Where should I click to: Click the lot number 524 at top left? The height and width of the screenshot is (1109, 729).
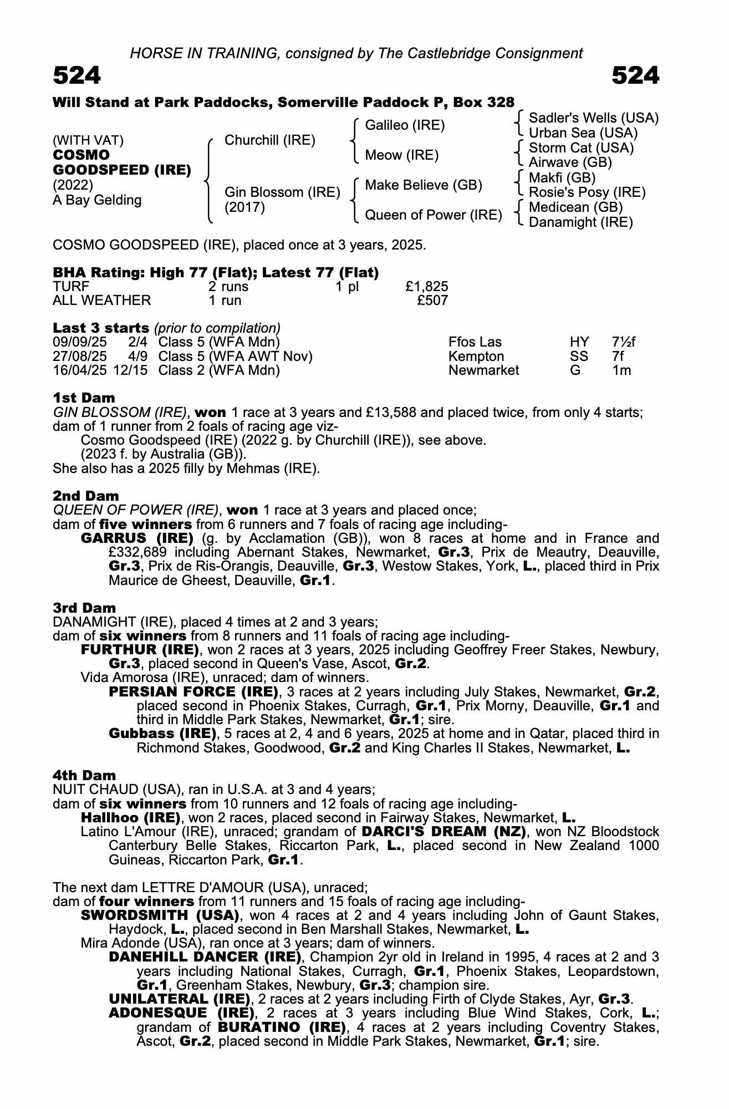pos(77,76)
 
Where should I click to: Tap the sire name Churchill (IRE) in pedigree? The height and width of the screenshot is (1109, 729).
pos(269,140)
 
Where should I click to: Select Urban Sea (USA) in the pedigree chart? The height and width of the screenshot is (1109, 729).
pos(583,133)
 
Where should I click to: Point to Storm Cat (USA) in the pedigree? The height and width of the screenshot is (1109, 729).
pos(581,148)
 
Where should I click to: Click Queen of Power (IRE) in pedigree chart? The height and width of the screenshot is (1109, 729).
pos(433,215)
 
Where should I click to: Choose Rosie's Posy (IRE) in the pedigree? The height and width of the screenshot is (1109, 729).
pos(587,192)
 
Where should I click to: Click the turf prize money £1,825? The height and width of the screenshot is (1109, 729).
pos(426,287)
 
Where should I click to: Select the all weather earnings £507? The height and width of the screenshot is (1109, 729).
pos(432,301)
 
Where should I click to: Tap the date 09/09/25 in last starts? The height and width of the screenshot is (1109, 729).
pos(76,342)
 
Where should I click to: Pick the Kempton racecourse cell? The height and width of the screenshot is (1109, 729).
pos(476,357)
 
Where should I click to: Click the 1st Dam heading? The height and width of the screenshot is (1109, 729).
pos(84,398)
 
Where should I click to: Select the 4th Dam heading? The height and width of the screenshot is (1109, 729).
pos(84,775)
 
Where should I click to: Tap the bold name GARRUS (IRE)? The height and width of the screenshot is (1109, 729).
pos(137,538)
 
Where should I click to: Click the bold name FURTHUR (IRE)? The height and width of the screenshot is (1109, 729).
pos(140,649)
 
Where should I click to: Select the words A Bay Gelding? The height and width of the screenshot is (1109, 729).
pos(97,200)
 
